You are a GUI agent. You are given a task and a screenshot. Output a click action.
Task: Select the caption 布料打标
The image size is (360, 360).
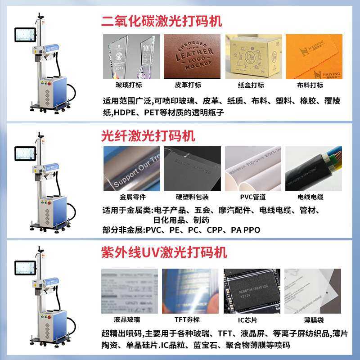point(310,85)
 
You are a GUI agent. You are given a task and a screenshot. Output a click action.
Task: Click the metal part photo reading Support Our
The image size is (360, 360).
point(131,168)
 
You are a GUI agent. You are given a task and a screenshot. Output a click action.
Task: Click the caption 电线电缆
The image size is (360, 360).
point(310,197)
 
